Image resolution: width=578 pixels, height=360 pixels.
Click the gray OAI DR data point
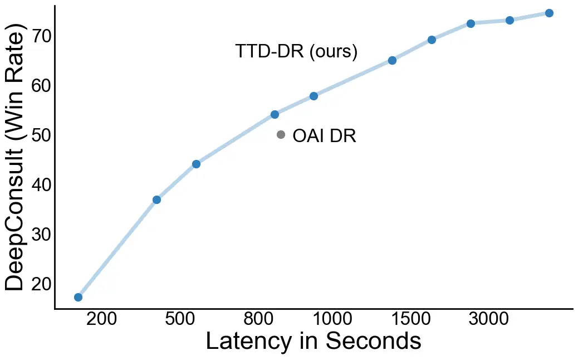(x=281, y=135)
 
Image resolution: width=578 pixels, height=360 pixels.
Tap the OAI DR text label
(x=324, y=136)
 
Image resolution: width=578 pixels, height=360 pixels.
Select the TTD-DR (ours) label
(x=296, y=51)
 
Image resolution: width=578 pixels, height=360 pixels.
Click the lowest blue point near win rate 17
(x=78, y=297)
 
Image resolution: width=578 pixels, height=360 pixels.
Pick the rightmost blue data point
(x=549, y=13)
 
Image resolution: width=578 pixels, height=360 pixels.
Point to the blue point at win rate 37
(x=156, y=200)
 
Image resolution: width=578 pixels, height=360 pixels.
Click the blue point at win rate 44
(x=196, y=164)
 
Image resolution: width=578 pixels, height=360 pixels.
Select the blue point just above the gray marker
(x=275, y=114)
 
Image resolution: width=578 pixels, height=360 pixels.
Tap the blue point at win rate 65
(x=392, y=60)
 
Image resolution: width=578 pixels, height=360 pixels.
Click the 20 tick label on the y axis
(x=42, y=284)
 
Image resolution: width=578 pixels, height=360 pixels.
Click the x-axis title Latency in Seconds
(x=314, y=341)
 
